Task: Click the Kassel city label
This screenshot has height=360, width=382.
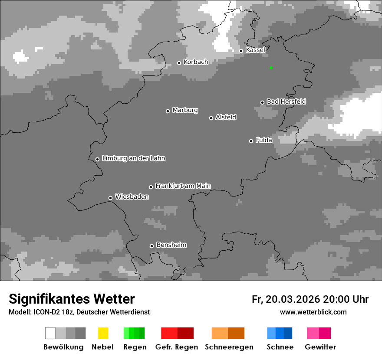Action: [x=255, y=50]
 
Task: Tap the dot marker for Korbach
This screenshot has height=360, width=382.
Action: [x=179, y=63]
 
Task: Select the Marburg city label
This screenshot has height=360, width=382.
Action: [x=185, y=110]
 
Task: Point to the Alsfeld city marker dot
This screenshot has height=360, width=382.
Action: [x=211, y=118]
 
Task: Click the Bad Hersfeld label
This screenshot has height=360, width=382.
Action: [x=286, y=101]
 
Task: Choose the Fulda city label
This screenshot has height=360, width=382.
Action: [x=264, y=140]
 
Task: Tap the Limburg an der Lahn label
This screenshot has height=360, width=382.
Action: [x=133, y=158]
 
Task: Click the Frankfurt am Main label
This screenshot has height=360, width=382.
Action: [x=183, y=186]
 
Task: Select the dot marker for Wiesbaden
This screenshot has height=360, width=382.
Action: [x=110, y=198]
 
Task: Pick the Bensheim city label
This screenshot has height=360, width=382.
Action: [x=171, y=245]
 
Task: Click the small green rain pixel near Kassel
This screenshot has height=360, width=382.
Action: [x=271, y=68]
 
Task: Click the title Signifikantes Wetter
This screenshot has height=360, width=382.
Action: [x=72, y=299]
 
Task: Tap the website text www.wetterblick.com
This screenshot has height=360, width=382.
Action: [x=313, y=312]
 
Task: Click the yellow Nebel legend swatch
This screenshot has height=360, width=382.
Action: [x=103, y=333]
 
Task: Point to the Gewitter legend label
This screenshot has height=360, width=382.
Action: [x=320, y=347]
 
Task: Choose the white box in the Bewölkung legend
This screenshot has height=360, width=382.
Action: [x=50, y=333]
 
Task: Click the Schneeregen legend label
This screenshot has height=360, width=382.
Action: [x=229, y=347]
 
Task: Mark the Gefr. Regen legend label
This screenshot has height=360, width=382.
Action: [x=176, y=347]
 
